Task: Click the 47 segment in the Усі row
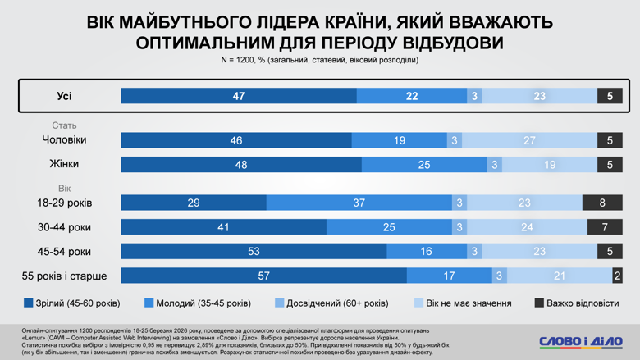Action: coord(239,96)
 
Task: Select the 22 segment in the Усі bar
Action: coord(412,96)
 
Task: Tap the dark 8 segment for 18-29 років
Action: coord(602,203)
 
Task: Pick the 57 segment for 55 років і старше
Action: coord(263,276)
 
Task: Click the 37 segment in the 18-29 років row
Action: coord(359,203)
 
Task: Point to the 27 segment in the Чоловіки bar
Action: coord(529,141)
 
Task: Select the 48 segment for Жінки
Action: coord(241,165)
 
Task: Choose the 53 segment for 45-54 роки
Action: coord(254,251)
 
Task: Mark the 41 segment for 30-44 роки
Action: coord(223,227)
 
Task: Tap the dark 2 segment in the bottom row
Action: coord(617,276)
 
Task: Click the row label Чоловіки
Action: coord(64,140)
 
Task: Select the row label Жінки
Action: coord(64,164)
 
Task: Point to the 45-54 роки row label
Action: coord(65,251)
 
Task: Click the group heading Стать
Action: coord(64,125)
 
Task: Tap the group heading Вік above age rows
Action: coord(64,189)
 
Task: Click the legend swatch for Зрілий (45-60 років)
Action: coord(29,303)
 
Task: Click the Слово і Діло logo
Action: coord(580,340)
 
